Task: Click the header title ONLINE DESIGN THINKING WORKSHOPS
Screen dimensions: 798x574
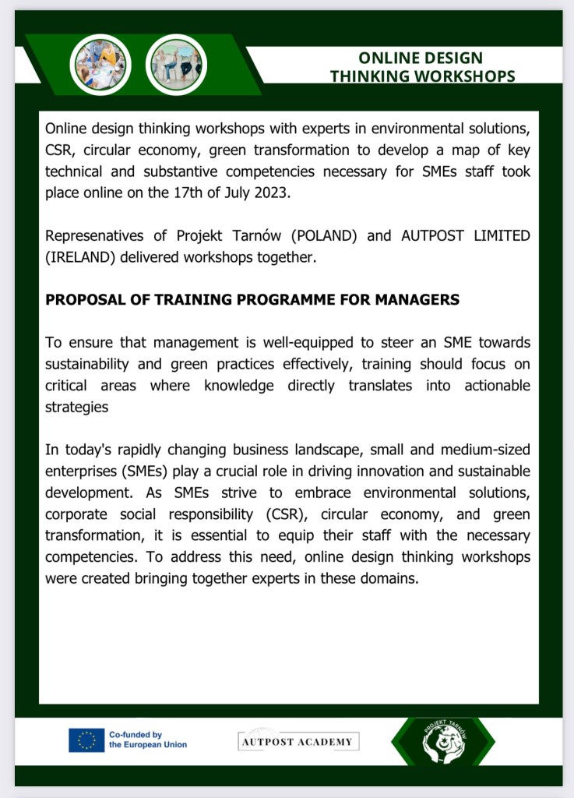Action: pos(421,67)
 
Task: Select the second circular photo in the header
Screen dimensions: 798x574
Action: pos(176,65)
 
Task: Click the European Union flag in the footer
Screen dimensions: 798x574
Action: pos(86,740)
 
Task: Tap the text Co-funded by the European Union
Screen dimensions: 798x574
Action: pos(147,740)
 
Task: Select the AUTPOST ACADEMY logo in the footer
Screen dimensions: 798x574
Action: pos(298,741)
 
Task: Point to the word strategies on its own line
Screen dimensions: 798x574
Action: pos(76,407)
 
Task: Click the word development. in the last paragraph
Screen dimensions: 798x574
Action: pos(89,493)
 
